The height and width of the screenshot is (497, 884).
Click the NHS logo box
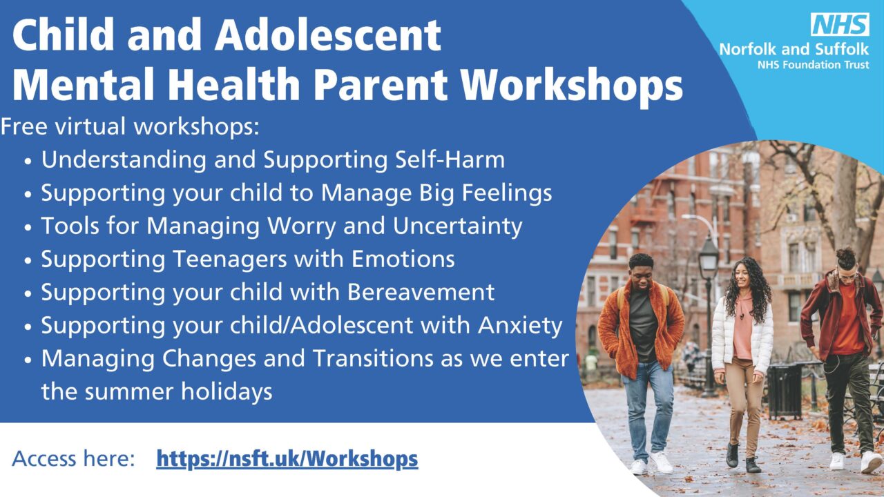point(839,26)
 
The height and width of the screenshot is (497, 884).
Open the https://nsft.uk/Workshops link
point(287,458)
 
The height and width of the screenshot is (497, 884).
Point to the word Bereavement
point(421,292)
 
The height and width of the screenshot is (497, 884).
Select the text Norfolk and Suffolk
point(794,49)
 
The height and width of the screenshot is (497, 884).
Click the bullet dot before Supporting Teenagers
point(28,261)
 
